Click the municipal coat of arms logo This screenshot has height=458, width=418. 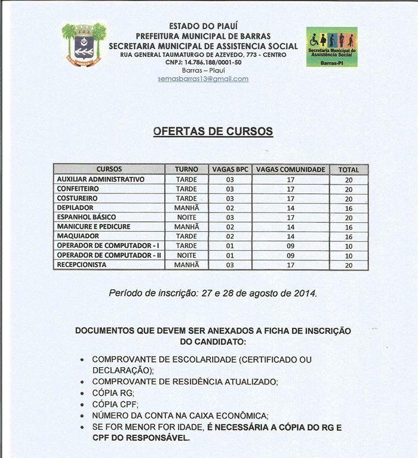[x=84, y=45]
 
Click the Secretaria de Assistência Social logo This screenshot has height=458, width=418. [x=331, y=47]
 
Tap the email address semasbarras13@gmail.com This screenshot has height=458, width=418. [x=203, y=79]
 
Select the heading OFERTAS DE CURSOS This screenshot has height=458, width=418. [x=213, y=131]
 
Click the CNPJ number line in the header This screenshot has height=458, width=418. [x=203, y=62]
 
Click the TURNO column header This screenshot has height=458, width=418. [x=186, y=170]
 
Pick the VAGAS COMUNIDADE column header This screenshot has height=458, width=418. [x=291, y=170]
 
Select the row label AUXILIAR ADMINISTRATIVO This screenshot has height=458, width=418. [x=100, y=179]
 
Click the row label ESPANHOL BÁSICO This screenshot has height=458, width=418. [x=86, y=217]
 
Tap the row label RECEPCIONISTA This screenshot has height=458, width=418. [x=81, y=265]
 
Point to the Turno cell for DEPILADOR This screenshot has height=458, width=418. [x=186, y=208]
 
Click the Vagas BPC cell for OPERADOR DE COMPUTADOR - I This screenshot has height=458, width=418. [x=230, y=246]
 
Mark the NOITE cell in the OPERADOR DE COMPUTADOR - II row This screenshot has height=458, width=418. [x=186, y=256]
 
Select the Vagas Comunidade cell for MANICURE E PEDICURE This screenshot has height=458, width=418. [x=291, y=227]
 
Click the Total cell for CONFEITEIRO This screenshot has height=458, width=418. [x=349, y=189]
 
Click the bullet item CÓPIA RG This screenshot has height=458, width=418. [x=113, y=393]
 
